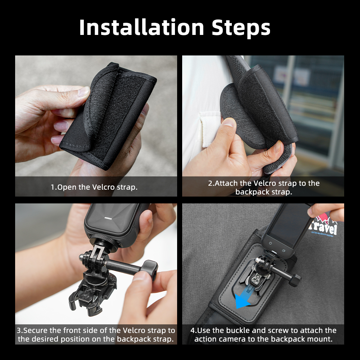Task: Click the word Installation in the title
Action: [141, 27]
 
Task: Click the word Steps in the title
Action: [241, 28]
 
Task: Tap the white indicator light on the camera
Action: [108, 218]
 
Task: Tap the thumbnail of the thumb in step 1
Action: [84, 91]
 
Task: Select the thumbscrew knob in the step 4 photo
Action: [295, 280]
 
